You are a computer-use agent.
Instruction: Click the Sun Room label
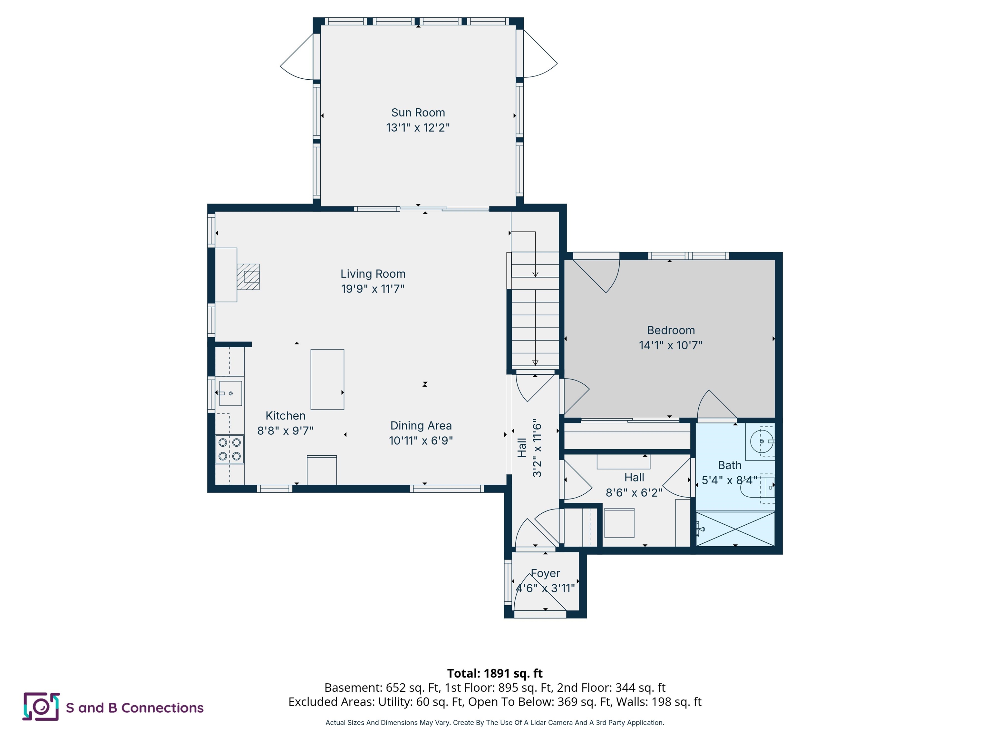[x=418, y=113]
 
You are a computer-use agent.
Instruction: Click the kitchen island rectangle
[x=327, y=379]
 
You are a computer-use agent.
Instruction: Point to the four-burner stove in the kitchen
[x=229, y=449]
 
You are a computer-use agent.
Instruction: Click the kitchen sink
[x=230, y=393]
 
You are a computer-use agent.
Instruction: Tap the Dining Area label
[x=421, y=425]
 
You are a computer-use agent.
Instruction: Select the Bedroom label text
[x=670, y=330]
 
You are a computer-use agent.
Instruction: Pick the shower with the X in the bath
[x=735, y=529]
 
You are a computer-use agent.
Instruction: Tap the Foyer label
[x=545, y=573]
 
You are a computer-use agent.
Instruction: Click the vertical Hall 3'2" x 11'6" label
[x=530, y=448]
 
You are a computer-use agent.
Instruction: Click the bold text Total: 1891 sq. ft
[x=495, y=673]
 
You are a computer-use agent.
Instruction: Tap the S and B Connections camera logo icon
[x=41, y=707]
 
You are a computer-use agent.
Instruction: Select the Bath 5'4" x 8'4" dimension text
[x=729, y=480]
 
